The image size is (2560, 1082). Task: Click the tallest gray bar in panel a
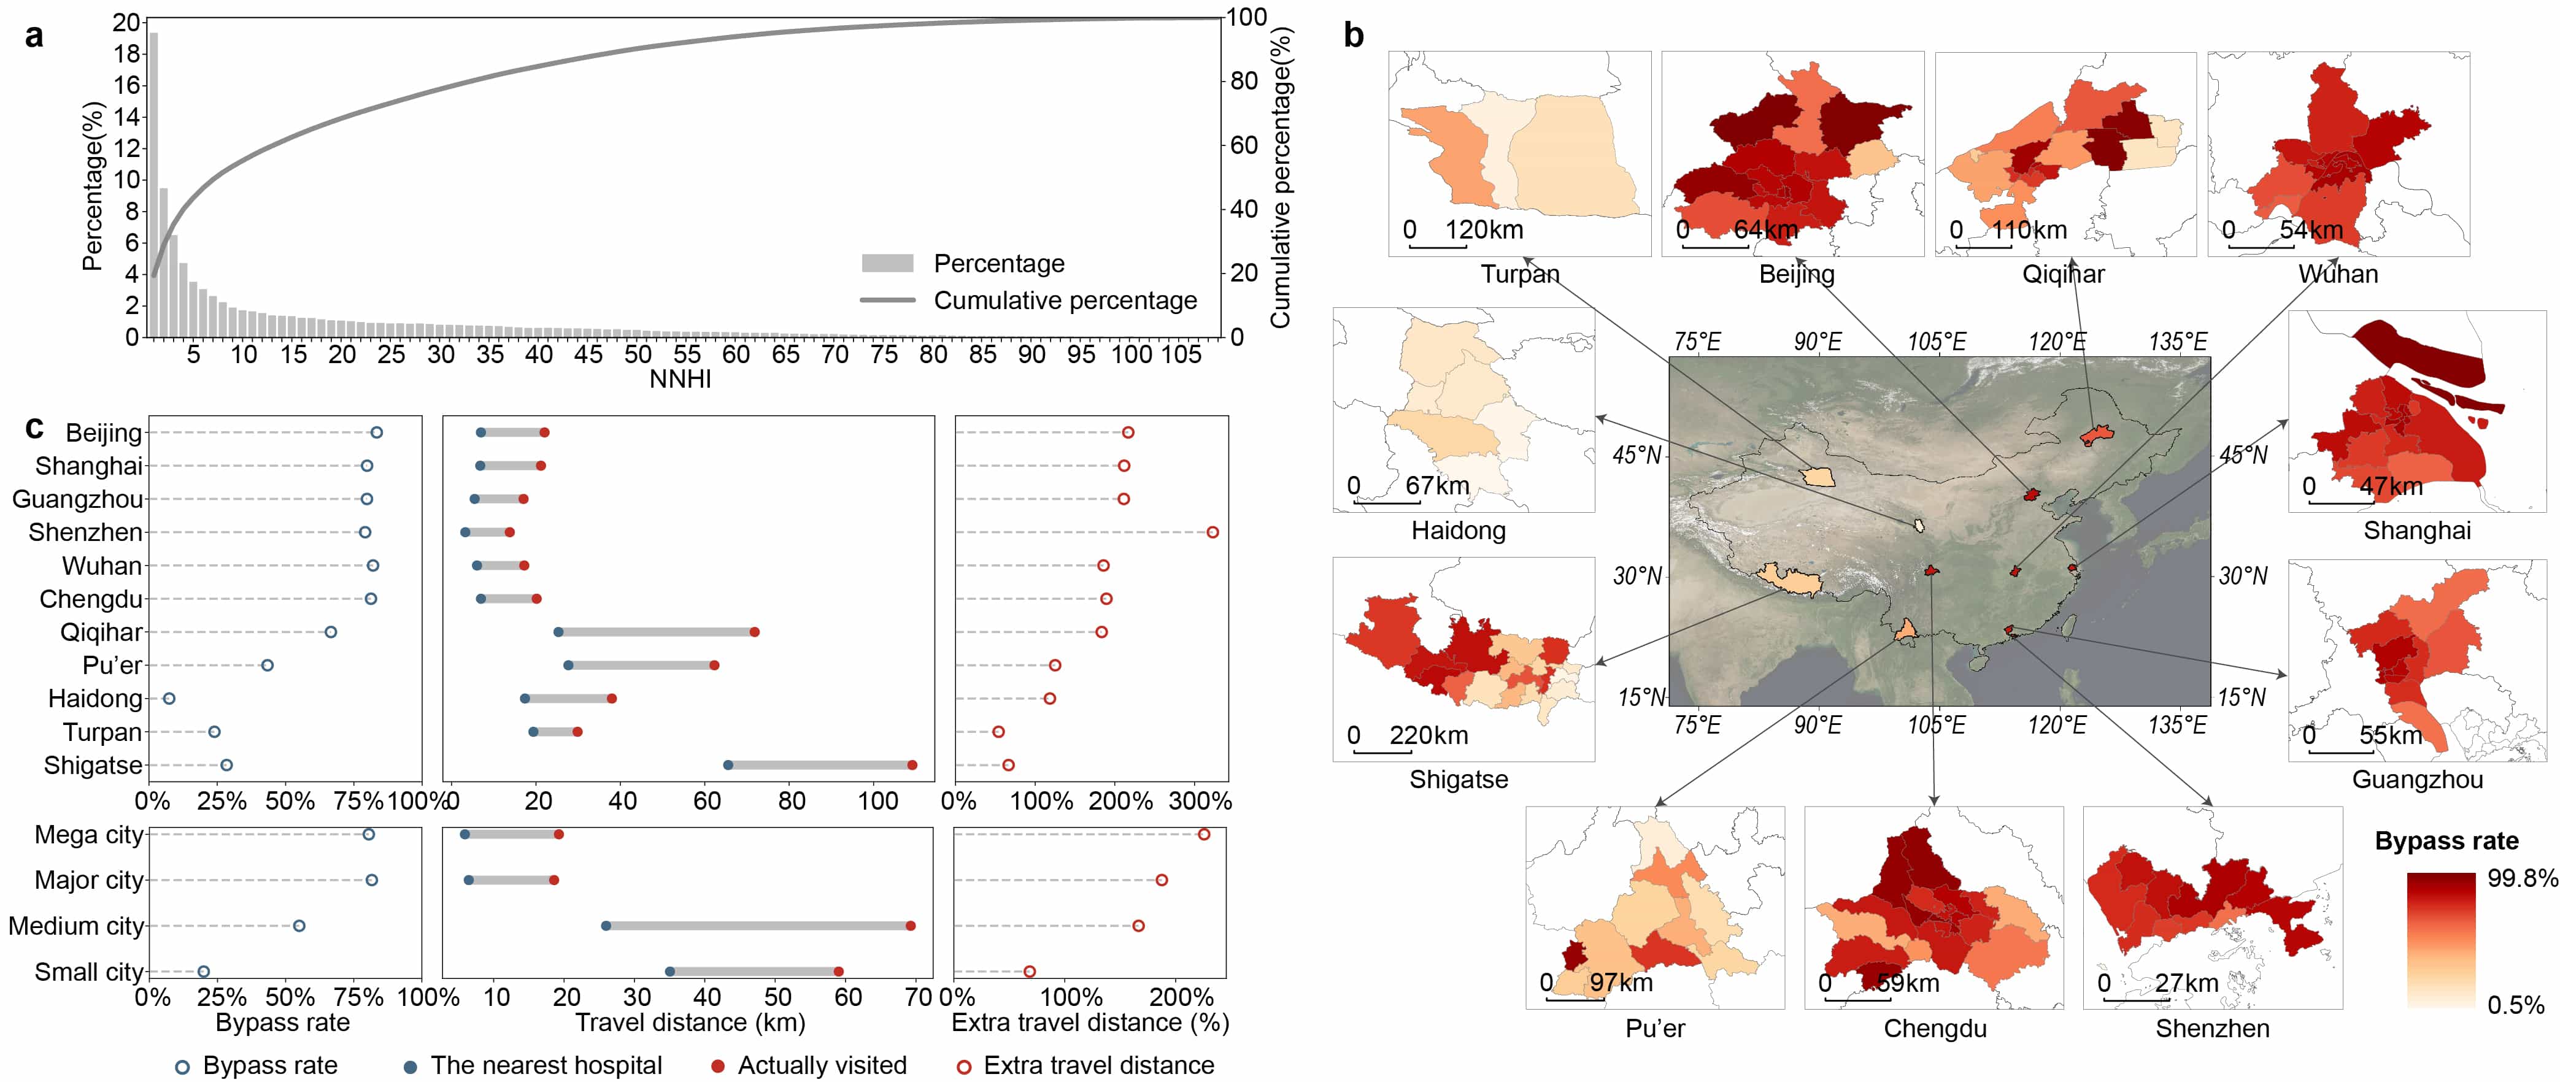(153, 184)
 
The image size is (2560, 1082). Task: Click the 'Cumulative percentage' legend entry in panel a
(1065, 300)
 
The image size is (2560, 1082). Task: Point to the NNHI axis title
(680, 378)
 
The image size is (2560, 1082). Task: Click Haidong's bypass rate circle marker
(169, 699)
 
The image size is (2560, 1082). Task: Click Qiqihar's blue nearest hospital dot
(558, 632)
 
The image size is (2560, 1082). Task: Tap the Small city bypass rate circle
(204, 972)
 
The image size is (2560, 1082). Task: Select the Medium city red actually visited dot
(911, 926)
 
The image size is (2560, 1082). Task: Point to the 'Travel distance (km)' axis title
(690, 1023)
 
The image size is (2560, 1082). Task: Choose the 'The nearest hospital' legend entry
(546, 1065)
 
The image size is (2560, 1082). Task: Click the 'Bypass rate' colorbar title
(2446, 842)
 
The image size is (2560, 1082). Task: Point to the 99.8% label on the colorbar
(2521, 878)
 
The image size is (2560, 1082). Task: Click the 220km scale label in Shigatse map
(1428, 735)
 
